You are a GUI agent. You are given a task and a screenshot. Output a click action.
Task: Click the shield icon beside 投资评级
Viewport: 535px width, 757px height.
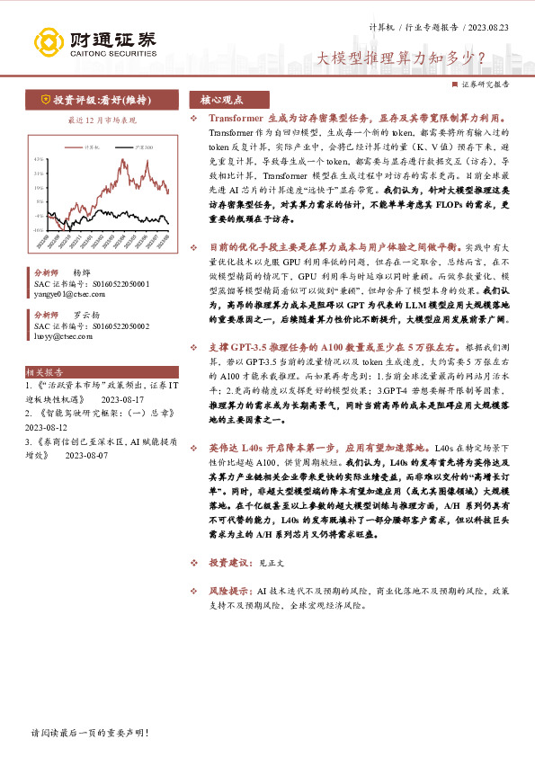(44, 100)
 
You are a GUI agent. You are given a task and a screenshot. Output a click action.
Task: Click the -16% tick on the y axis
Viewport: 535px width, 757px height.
(39, 230)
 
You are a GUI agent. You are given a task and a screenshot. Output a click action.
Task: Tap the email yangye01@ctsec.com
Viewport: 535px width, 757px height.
(63, 293)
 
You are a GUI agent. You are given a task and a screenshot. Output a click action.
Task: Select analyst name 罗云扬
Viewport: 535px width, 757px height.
(86, 316)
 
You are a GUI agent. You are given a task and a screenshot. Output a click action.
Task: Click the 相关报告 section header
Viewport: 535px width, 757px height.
(45, 370)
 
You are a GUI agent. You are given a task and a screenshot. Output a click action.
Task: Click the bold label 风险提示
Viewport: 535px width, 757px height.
(229, 592)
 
